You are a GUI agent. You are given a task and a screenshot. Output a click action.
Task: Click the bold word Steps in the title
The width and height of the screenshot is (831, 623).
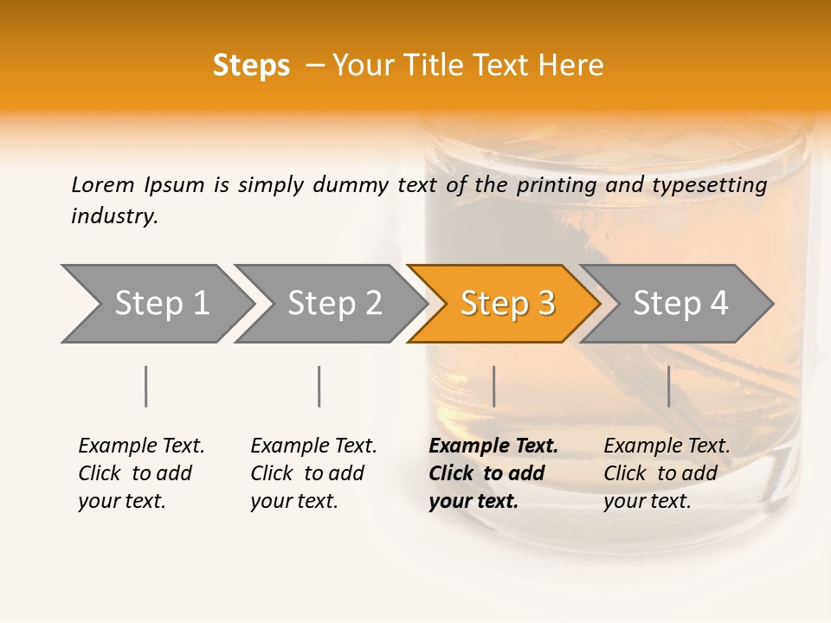tap(251, 66)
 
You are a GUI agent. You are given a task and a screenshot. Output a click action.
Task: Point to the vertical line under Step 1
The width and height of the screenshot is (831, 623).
tap(146, 386)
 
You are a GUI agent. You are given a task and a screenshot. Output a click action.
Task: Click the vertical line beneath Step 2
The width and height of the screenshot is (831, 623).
tap(319, 386)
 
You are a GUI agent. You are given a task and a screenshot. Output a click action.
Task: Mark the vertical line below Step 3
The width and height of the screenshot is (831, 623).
tap(493, 386)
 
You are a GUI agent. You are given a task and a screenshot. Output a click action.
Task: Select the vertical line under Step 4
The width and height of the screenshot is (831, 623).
tap(668, 386)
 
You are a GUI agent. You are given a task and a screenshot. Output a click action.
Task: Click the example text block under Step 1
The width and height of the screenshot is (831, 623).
tap(141, 473)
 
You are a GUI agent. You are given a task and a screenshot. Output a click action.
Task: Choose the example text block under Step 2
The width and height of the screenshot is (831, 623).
tap(313, 473)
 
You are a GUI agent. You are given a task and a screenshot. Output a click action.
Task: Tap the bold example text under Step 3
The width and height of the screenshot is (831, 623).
tap(493, 473)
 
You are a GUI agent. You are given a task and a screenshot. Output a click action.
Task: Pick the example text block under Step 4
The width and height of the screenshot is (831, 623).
tap(667, 473)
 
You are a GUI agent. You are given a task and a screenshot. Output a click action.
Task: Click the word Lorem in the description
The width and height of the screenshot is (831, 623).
tap(103, 184)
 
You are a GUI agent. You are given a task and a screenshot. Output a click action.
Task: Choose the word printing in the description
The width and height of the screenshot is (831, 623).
tap(557, 185)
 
